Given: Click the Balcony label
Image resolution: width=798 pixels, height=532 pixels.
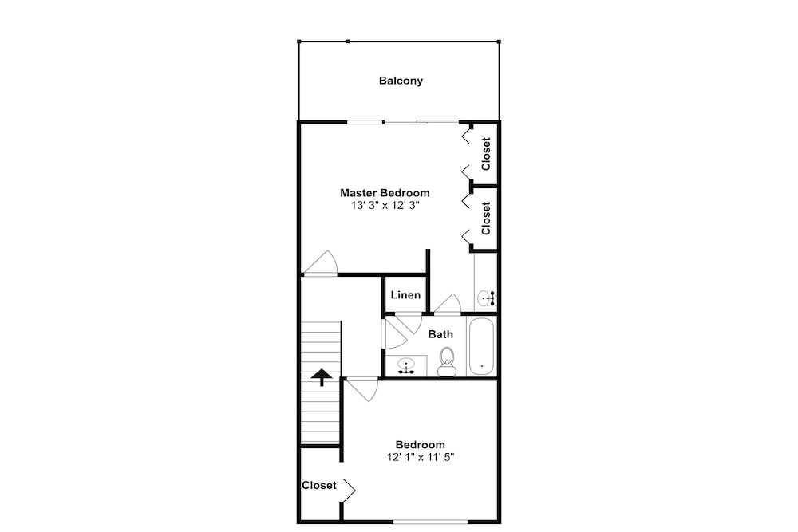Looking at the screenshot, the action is (x=401, y=81).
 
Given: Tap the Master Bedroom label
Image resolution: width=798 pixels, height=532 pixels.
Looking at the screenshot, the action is (x=385, y=193).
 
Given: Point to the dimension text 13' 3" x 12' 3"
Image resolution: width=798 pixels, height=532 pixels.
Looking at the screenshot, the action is (x=385, y=206).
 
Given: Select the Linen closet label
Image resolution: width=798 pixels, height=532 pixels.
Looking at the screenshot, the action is (x=405, y=295).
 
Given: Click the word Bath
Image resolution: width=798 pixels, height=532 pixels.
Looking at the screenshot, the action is (x=440, y=334).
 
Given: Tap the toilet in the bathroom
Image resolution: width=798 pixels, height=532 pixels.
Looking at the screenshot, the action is (x=447, y=361).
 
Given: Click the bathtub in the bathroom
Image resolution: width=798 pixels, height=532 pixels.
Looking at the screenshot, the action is (x=481, y=346).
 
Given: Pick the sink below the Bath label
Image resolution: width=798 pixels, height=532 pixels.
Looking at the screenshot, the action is (x=406, y=365).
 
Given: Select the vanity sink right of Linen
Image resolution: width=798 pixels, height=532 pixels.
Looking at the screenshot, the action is (x=485, y=298).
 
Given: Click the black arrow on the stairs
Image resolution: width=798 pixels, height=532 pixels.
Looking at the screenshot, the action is (x=322, y=378).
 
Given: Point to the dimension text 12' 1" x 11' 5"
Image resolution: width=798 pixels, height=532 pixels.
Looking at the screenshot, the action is (x=421, y=457).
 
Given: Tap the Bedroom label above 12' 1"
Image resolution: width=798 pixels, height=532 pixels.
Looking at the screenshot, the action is (x=421, y=444).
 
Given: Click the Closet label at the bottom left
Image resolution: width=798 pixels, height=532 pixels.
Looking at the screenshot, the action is (x=319, y=485).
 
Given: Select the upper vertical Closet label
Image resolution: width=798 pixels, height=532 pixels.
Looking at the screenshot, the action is (x=486, y=154).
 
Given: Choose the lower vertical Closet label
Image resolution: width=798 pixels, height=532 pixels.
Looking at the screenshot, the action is (x=486, y=219).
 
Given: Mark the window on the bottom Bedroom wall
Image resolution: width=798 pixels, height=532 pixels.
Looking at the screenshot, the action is (x=431, y=521).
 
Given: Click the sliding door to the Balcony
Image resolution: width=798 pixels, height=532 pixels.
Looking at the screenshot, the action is (x=402, y=121).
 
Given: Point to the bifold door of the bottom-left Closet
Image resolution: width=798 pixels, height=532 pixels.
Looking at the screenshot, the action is (x=350, y=490).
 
